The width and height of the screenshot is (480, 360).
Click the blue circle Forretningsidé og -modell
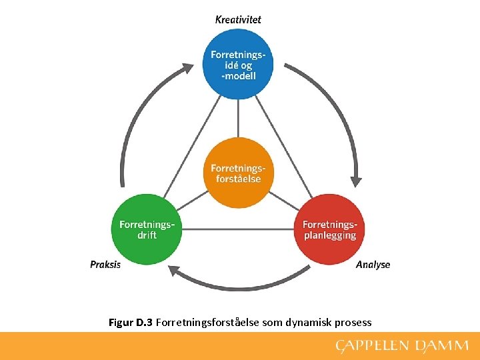238,64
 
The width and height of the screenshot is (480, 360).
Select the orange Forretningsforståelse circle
238,173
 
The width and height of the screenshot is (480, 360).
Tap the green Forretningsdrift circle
147,230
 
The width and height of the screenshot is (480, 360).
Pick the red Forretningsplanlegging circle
329,230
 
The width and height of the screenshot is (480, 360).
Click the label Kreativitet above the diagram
238,19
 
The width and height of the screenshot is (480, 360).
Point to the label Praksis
105,265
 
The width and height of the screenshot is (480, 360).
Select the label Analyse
373,265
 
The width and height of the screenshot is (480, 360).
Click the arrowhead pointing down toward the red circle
357,179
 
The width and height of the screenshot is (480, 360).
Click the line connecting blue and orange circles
238,119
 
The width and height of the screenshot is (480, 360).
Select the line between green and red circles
238,230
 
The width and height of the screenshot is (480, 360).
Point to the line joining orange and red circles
283,201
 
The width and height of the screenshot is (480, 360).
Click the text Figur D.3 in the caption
131,323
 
